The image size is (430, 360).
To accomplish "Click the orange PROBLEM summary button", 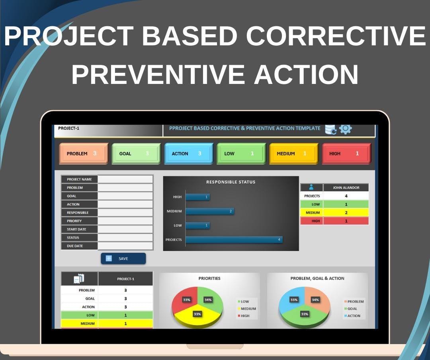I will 84,154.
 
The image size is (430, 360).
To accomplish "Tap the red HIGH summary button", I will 346,154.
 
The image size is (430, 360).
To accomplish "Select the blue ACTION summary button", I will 189,154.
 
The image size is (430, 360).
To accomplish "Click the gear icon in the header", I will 345,129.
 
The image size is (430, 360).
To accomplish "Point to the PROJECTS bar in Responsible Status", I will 234,239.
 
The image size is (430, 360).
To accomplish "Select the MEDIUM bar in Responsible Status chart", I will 210,211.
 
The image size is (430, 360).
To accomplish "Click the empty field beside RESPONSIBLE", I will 125,213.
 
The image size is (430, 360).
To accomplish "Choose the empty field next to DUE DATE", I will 125,246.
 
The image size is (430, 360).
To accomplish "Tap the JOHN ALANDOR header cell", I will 346,187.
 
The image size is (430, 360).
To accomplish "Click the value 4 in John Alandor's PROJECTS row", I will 346,196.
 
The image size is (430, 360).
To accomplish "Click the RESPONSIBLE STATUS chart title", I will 231,182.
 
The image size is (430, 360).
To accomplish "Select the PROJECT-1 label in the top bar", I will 68,128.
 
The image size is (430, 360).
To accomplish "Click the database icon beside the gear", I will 330,129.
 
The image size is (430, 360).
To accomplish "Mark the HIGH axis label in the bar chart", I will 177,197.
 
